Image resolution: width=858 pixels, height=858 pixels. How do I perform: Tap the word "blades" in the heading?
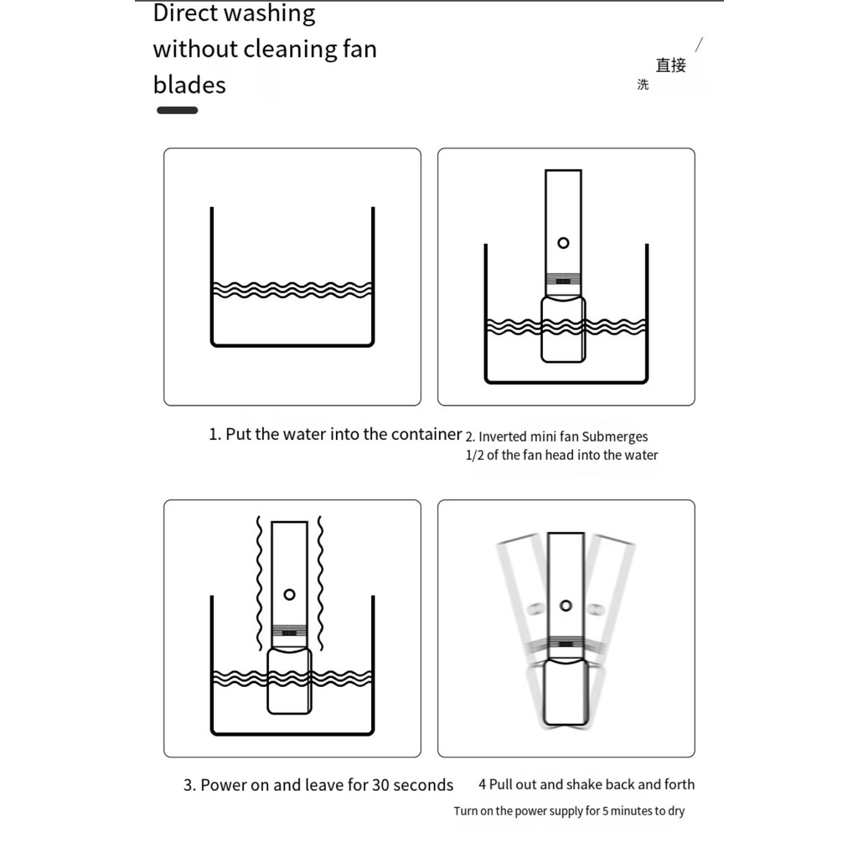click(189, 85)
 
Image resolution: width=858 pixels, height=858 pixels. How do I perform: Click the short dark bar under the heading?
click(178, 111)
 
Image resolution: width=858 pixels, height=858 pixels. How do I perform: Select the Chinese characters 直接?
click(671, 65)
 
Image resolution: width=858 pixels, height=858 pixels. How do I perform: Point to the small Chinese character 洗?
click(643, 85)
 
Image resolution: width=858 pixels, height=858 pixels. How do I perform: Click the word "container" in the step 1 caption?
click(426, 434)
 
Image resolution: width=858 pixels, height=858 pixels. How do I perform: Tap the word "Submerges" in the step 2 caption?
click(615, 437)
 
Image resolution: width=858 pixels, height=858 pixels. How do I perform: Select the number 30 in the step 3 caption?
click(381, 785)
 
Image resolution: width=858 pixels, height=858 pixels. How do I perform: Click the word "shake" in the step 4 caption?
click(585, 784)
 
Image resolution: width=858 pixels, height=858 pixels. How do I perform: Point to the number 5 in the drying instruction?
click(605, 811)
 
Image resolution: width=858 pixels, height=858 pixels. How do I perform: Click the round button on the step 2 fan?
click(563, 243)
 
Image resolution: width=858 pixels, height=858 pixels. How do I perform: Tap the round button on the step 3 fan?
click(289, 595)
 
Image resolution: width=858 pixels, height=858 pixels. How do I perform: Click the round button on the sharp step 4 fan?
click(566, 606)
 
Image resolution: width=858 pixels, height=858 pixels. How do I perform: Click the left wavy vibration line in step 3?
click(260, 583)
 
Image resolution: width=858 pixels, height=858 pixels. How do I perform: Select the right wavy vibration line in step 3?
click(320, 583)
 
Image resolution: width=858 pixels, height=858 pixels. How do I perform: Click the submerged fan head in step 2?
click(563, 328)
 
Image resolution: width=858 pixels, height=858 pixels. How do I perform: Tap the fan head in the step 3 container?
click(289, 680)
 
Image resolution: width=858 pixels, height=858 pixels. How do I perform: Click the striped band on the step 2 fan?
click(563, 280)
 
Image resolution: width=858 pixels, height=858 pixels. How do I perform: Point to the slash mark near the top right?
click(700, 45)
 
